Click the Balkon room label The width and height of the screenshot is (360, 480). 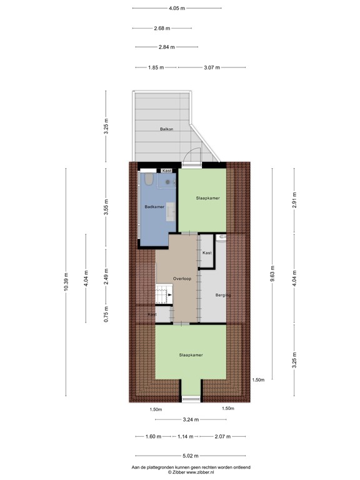166,129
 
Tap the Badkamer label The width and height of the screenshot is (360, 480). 154,206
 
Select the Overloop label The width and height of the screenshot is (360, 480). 182,278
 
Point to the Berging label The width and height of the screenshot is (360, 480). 223,294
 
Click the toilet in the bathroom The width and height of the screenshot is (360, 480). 149,181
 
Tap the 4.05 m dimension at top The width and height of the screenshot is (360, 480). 177,8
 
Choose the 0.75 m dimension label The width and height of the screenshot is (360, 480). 106,314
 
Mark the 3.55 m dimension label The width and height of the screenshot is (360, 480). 106,206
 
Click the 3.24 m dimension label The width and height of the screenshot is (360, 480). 191,419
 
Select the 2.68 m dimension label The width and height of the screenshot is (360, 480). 162,28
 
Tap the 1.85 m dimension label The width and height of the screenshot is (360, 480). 156,67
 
